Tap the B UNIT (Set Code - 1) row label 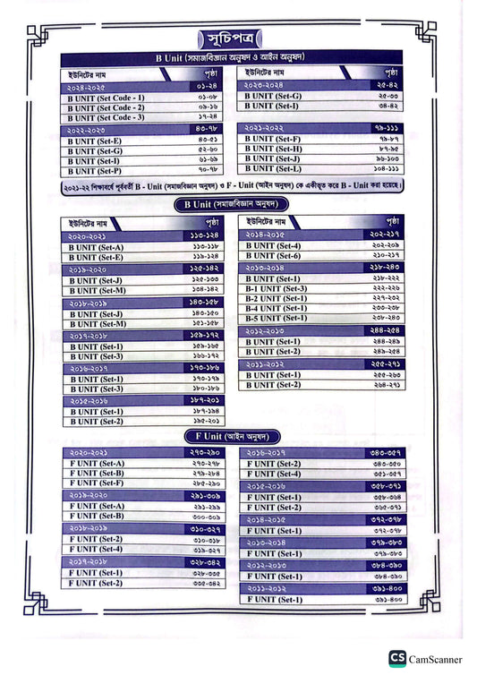coord(106,98)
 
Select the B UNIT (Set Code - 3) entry coord(106,117)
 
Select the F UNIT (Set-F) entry coord(98,483)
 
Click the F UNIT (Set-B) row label coord(98,474)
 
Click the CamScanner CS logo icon coord(397,660)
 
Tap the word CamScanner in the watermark coord(437,660)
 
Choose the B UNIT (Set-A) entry coord(98,247)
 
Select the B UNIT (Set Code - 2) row coord(106,107)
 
